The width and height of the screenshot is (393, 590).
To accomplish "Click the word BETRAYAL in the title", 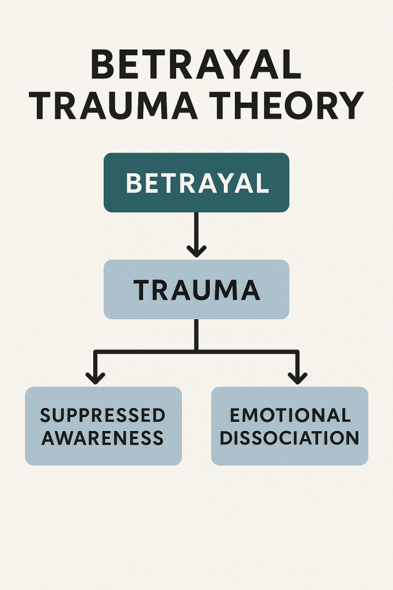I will click(x=196, y=66).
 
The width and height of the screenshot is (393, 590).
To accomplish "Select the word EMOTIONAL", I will click(x=289, y=415).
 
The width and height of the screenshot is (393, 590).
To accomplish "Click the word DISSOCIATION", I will click(x=289, y=437).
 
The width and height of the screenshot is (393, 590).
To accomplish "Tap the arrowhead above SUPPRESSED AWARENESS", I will click(x=96, y=377).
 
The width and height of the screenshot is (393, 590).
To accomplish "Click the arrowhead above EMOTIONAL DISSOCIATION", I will click(x=297, y=377).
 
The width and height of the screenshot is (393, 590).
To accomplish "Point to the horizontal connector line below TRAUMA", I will click(x=144, y=351).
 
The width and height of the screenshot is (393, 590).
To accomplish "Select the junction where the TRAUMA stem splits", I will click(x=196, y=351).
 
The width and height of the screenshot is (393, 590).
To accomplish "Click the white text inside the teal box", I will click(x=197, y=183).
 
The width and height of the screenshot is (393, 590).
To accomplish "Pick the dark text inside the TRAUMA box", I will click(x=197, y=290).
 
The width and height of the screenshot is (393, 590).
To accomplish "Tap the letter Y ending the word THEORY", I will click(x=349, y=106).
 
